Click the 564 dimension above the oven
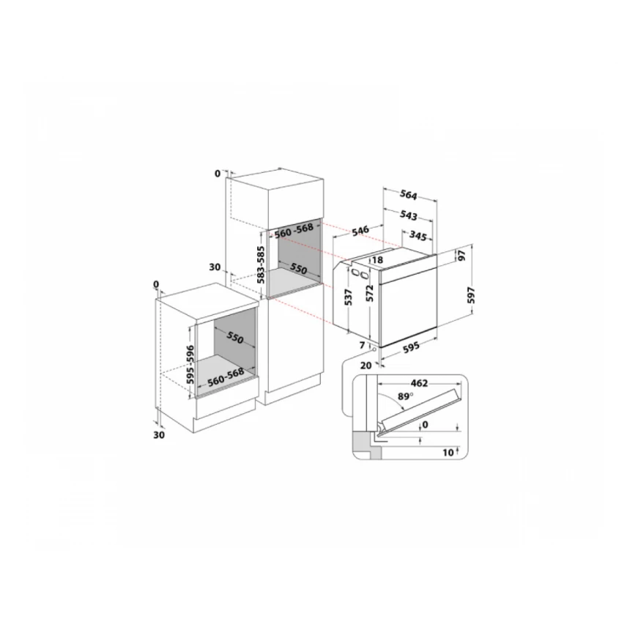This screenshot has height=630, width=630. tap(409, 195)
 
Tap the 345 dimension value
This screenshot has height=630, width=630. tap(418, 236)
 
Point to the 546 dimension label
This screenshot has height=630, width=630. tap(360, 231)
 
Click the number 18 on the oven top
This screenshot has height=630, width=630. tap(378, 259)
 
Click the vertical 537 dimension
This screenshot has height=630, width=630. tap(350, 297)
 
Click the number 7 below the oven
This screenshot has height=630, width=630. tap(362, 344)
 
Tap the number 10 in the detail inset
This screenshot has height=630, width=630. tap(447, 453)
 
